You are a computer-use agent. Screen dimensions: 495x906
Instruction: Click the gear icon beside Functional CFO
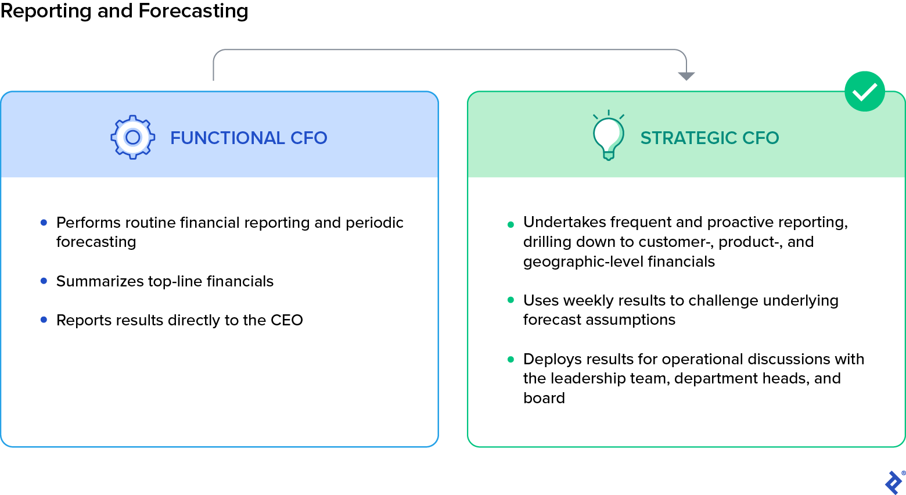[x=133, y=137]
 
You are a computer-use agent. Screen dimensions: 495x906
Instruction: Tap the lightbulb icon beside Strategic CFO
[x=608, y=136]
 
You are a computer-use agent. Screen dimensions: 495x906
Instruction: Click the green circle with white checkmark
[x=864, y=91]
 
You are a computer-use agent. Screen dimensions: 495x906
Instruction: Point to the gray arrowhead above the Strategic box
[x=686, y=76]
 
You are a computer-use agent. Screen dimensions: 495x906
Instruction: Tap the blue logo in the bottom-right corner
[x=893, y=482]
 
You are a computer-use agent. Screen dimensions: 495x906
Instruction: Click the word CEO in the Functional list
[x=286, y=320]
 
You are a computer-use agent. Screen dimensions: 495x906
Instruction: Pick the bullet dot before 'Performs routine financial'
[x=44, y=223]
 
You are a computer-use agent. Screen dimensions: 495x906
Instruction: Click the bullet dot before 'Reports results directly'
[x=44, y=320]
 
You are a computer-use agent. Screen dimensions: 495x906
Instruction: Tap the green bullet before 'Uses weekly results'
[x=510, y=300]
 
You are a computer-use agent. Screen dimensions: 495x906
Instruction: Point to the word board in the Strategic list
[x=544, y=398]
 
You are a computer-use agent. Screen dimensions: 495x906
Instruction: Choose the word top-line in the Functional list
[x=175, y=281]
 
